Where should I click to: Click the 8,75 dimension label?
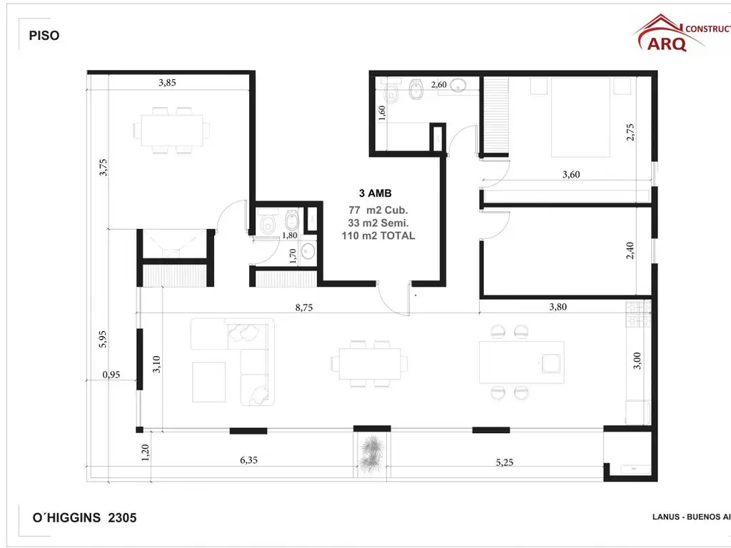(x=305, y=308)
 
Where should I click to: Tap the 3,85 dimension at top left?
(x=167, y=83)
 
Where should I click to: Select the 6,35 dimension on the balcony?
(x=248, y=460)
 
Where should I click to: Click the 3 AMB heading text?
(x=375, y=193)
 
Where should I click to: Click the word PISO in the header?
(x=44, y=36)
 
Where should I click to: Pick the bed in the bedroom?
(x=581, y=117)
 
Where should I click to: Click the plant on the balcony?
(x=371, y=454)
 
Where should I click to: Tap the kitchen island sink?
(x=551, y=363)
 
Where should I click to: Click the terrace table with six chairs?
(x=172, y=130)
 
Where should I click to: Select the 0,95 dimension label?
(x=111, y=374)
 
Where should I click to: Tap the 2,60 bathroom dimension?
(x=438, y=85)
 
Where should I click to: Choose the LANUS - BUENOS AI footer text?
(x=690, y=517)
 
